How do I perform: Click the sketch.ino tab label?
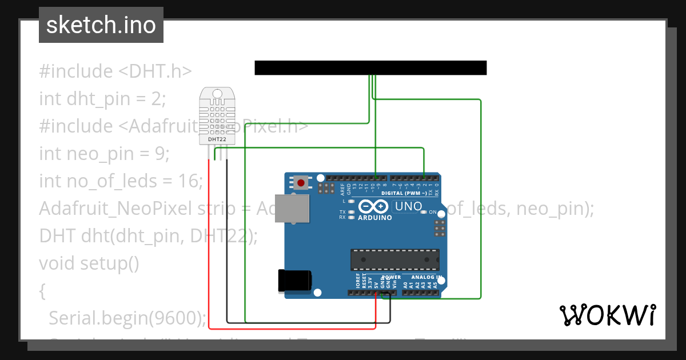click(x=101, y=25)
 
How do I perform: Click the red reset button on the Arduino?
click(x=301, y=183)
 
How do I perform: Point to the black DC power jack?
click(x=294, y=280)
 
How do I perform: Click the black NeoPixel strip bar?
click(x=370, y=67)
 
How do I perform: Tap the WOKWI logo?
click(x=607, y=315)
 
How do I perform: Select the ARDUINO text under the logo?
click(x=375, y=218)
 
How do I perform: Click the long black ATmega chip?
click(x=395, y=259)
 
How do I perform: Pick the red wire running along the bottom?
click(x=292, y=329)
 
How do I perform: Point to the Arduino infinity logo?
click(x=374, y=207)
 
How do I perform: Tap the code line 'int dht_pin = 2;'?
click(x=102, y=99)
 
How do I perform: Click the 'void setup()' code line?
click(x=89, y=263)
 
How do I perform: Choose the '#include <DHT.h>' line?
click(x=115, y=71)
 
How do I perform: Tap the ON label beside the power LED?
click(x=433, y=213)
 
